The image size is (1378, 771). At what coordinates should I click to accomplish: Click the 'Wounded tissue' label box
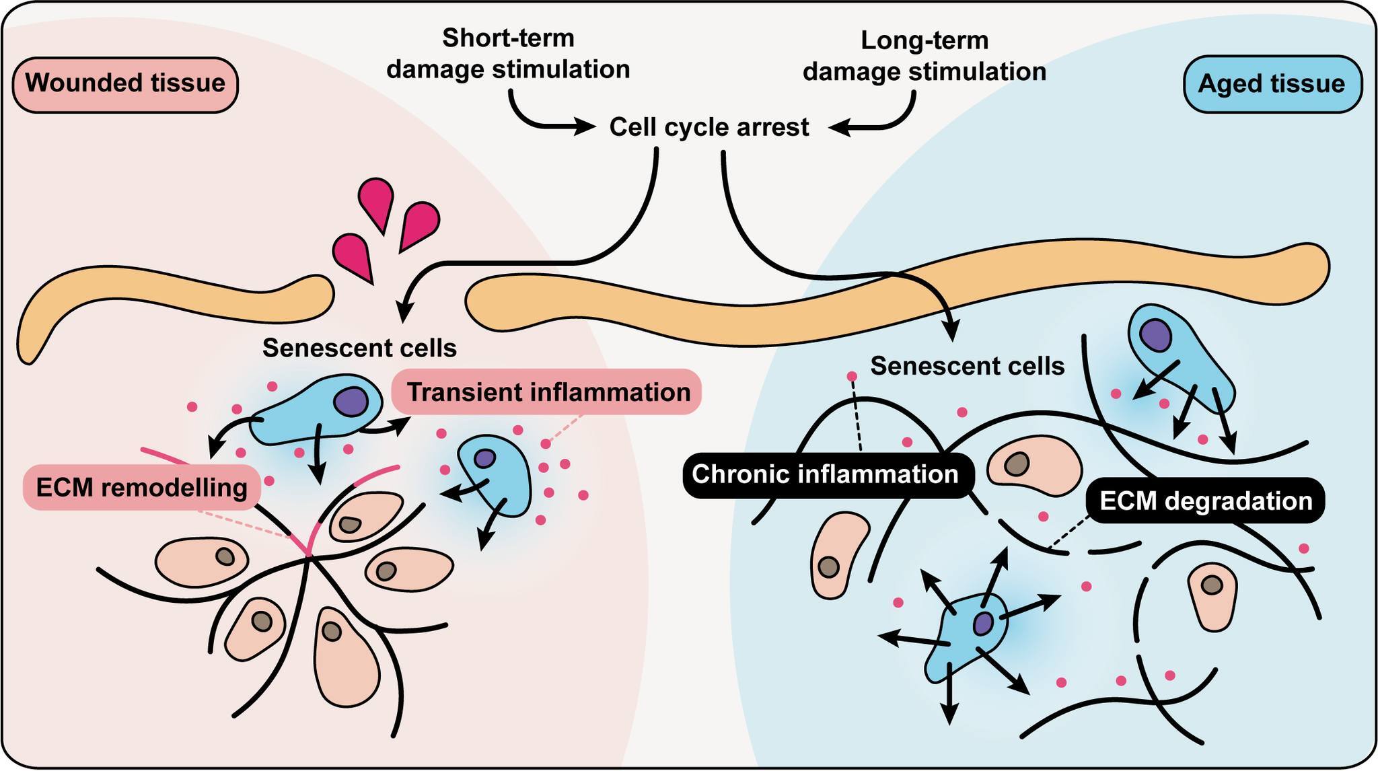click(125, 84)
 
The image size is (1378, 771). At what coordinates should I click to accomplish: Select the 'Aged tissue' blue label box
click(1271, 84)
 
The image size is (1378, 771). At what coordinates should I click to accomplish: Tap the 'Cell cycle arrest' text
click(709, 127)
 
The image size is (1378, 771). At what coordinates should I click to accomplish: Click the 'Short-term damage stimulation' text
click(508, 54)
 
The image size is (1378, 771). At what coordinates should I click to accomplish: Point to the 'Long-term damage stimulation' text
click(924, 56)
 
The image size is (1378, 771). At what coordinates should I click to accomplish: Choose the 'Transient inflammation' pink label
click(547, 392)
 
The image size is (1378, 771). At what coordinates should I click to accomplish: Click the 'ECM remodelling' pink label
click(142, 487)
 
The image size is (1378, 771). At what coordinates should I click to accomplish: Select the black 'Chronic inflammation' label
click(825, 474)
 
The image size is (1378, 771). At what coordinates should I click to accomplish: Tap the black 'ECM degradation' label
click(1205, 501)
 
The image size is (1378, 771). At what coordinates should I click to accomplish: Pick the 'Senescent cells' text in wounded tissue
click(359, 348)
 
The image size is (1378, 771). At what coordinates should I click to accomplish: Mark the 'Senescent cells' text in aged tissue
click(968, 366)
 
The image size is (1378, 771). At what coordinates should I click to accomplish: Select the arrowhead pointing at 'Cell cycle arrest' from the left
click(585, 126)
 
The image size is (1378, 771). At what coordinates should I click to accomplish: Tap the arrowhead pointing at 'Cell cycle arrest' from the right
click(838, 127)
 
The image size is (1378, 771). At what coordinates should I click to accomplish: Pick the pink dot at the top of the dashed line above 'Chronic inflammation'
click(852, 376)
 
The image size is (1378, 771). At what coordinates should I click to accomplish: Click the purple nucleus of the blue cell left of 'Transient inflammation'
click(351, 402)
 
